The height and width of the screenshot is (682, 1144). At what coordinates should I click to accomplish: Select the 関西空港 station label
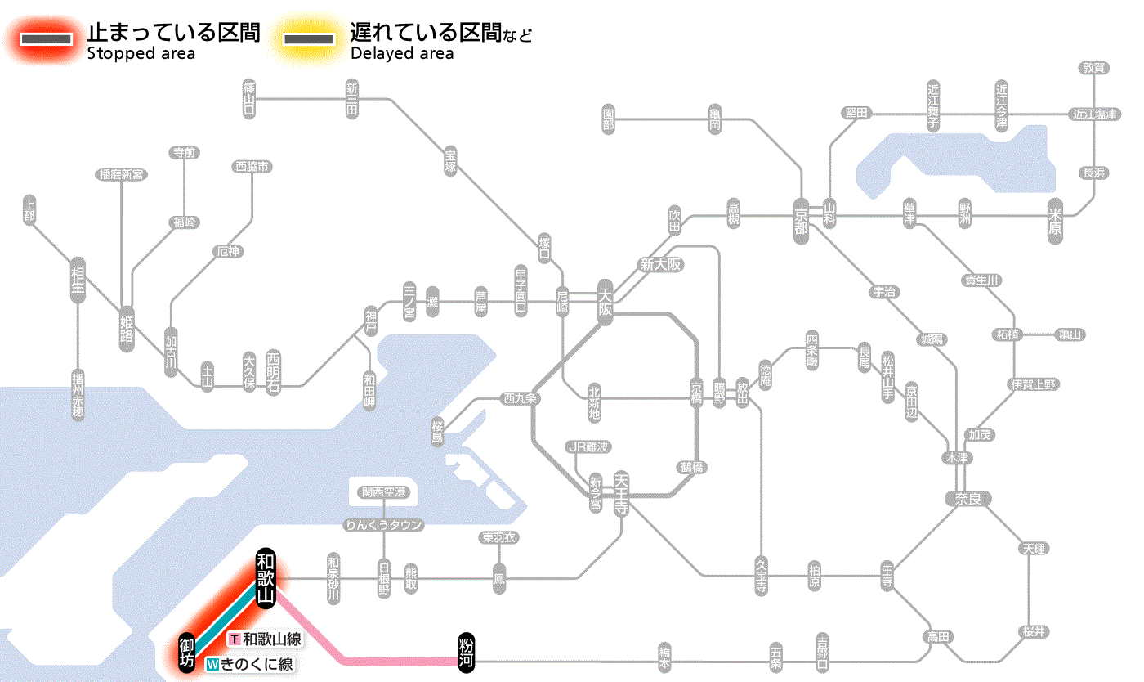[x=383, y=492]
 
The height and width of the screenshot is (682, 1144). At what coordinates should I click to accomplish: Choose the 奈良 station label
[x=967, y=497]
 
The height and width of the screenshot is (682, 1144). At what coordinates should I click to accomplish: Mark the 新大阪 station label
[x=660, y=265]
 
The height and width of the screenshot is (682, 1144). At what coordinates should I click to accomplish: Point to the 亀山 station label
[x=1070, y=334]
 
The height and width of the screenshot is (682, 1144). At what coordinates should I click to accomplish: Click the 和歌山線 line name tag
[x=266, y=639]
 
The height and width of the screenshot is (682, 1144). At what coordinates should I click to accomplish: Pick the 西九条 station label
[x=521, y=399]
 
